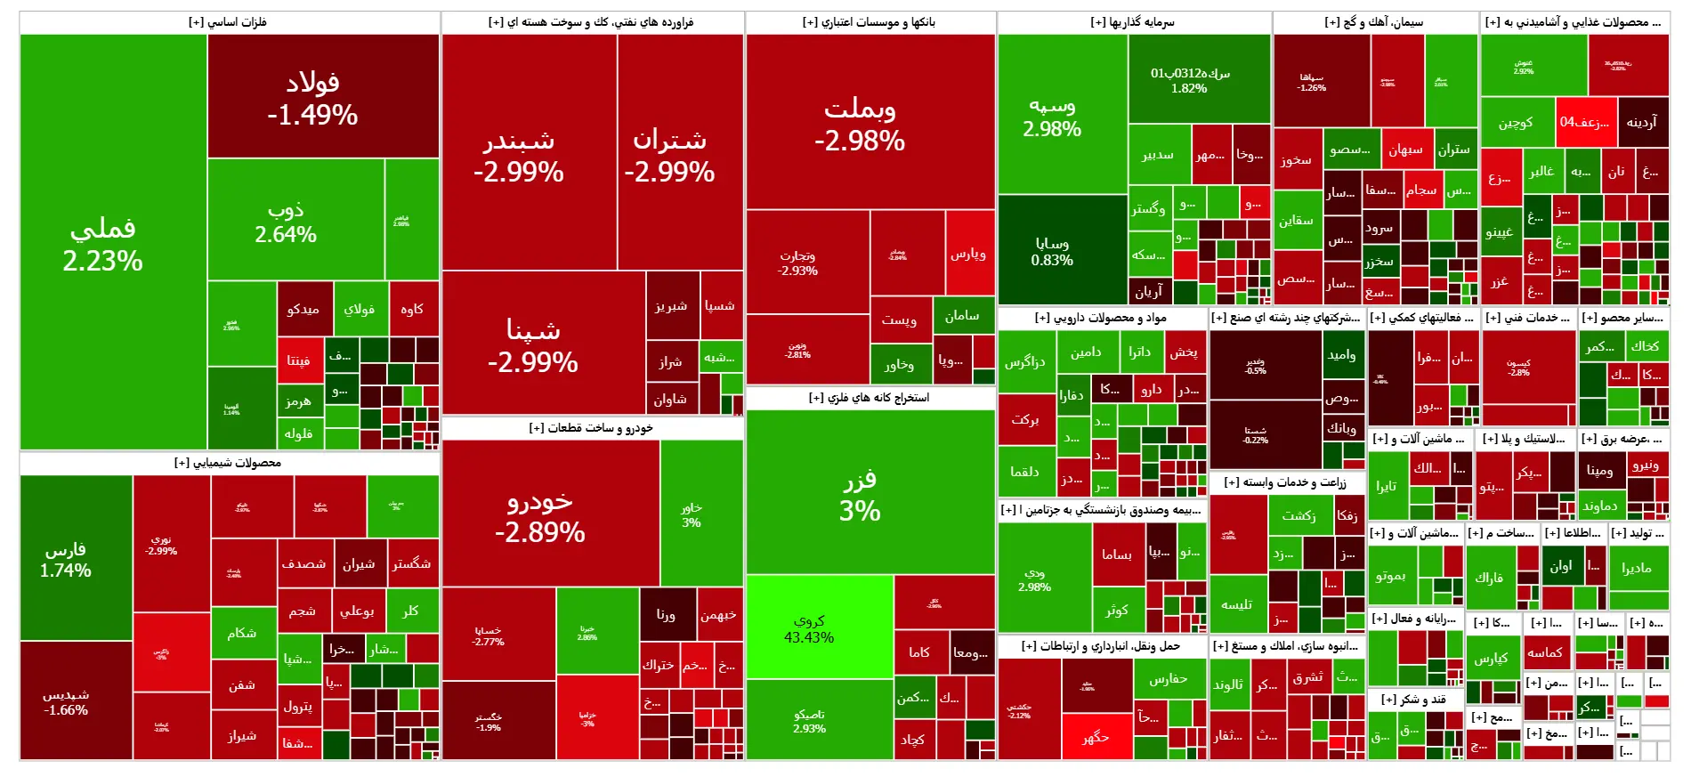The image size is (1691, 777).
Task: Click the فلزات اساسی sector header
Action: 228,22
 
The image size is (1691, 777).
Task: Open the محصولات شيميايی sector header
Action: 228,463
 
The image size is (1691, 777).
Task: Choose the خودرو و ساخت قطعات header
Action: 591,428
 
